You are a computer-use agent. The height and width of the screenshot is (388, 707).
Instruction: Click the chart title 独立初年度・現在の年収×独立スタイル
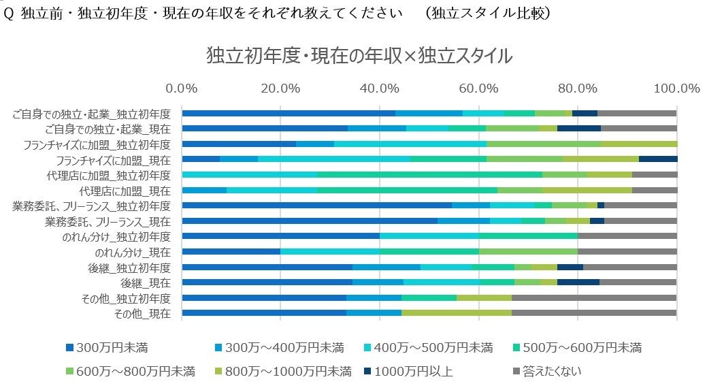tap(359, 56)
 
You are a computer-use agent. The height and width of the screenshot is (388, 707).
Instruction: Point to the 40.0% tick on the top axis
tap(379, 88)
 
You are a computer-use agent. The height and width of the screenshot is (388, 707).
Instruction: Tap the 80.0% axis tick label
tap(577, 88)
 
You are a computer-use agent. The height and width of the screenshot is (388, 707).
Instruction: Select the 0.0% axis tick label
tap(182, 88)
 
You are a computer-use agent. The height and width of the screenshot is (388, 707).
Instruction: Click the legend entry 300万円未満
tap(112, 349)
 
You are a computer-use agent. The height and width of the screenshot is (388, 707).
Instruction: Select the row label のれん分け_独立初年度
tap(116, 236)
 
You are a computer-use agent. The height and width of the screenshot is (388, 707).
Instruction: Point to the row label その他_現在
tap(143, 313)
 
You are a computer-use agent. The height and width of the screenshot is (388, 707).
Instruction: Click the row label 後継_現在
tap(146, 282)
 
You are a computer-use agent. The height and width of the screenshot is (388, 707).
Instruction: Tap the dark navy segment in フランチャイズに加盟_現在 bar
tap(658, 159)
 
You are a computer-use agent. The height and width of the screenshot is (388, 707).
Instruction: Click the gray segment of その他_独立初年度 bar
tap(594, 297)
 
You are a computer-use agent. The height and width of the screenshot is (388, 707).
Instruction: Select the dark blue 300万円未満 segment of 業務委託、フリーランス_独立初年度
tap(316, 205)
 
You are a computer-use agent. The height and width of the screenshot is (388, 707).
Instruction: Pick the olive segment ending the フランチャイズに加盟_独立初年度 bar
tap(639, 144)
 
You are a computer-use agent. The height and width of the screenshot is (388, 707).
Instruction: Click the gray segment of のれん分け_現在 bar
tap(627, 251)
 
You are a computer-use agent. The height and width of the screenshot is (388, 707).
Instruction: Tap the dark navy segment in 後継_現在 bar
tap(578, 282)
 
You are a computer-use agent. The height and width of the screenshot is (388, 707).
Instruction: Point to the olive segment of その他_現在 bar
tap(456, 313)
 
